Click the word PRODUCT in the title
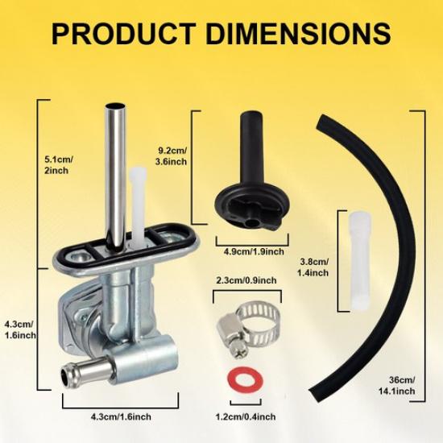123,34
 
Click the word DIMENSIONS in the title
298,34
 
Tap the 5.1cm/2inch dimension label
59,165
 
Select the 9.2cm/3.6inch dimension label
172,156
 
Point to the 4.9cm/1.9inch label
254,251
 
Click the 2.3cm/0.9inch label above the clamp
246,280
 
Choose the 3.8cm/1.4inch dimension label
313,267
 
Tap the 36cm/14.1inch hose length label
397,385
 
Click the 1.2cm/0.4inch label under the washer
245,416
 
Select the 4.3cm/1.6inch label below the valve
121,416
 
